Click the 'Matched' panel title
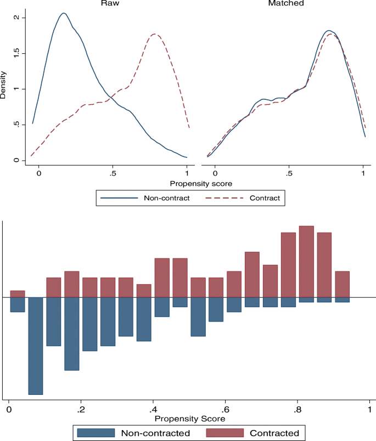click(x=285, y=3)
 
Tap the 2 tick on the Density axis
click(x=16, y=18)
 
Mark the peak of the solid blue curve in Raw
click(x=64, y=13)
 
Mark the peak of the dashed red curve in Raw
click(x=155, y=35)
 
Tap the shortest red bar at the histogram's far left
click(x=18, y=293)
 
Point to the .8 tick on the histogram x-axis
click(x=297, y=410)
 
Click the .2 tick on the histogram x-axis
click(x=81, y=410)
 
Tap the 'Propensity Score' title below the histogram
click(x=189, y=419)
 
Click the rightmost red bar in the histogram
click(x=343, y=284)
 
